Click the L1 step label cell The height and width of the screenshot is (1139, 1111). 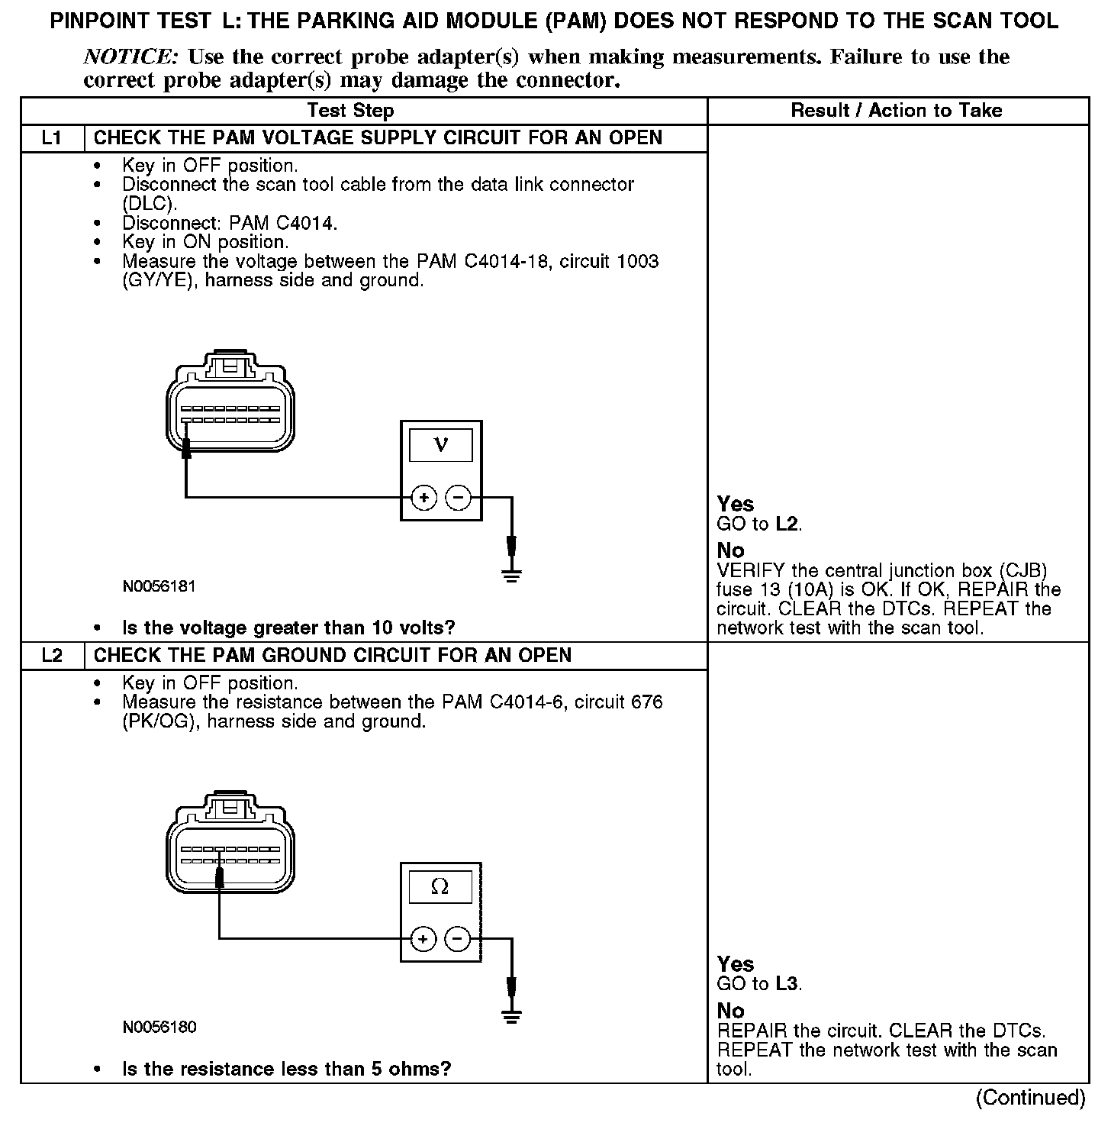52,138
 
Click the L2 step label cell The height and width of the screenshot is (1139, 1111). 52,656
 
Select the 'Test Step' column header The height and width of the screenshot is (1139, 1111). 350,111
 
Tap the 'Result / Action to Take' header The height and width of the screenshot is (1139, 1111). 897,111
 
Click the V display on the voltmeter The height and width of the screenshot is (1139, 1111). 441,445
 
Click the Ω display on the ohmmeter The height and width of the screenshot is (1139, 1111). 440,886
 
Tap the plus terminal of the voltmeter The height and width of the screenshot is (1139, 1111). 423,498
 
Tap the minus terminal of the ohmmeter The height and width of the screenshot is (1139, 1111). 458,938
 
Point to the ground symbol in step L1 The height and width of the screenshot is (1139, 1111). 512,574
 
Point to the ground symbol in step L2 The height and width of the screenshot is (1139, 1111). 512,1015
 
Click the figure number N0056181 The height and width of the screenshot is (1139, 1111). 159,587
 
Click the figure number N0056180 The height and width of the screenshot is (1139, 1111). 159,1028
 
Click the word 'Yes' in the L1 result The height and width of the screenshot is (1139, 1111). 736,504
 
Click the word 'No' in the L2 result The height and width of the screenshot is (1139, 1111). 731,1011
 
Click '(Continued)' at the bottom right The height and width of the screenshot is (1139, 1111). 1030,1098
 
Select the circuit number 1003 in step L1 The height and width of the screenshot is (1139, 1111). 637,261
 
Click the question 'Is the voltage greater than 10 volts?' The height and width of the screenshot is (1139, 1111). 288,628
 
